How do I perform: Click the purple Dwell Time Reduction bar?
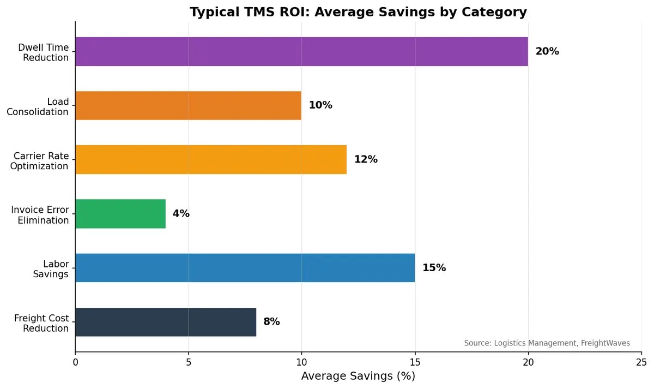pyautogui.click(x=301, y=51)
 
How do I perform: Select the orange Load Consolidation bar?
pyautogui.click(x=188, y=105)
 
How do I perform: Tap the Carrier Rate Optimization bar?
pyautogui.click(x=211, y=159)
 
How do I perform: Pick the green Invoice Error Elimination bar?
pyautogui.click(x=120, y=213)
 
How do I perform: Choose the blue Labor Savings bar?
pyautogui.click(x=245, y=267)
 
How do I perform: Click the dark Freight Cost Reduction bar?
pyautogui.click(x=166, y=322)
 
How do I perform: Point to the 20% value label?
pyautogui.click(x=547, y=51)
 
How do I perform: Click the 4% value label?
pyautogui.click(x=181, y=213)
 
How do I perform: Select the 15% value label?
pyautogui.click(x=434, y=267)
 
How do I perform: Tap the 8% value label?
pyautogui.click(x=271, y=322)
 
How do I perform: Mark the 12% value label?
pyautogui.click(x=366, y=159)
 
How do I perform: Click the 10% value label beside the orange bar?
pyautogui.click(x=320, y=105)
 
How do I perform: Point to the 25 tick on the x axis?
pyautogui.click(x=641, y=361)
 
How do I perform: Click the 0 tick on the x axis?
pyautogui.click(x=75, y=361)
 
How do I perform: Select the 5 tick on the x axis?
pyautogui.click(x=189, y=361)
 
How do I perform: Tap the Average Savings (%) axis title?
pyautogui.click(x=358, y=376)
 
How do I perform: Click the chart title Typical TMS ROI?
pyautogui.click(x=358, y=12)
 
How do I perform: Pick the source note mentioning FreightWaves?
pyautogui.click(x=547, y=343)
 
